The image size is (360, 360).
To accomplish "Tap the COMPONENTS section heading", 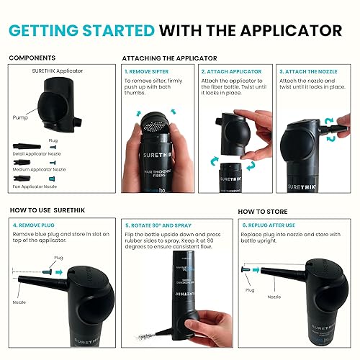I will pos(31,57).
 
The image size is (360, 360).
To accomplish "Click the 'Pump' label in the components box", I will pos(20,115).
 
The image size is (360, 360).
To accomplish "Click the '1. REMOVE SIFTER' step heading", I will pos(149,72).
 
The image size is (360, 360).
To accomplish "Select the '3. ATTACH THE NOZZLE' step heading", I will pos(310,72).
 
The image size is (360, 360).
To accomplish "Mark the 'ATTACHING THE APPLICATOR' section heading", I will pos(169,57).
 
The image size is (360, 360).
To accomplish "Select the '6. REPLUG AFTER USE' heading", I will pos(275,224).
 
